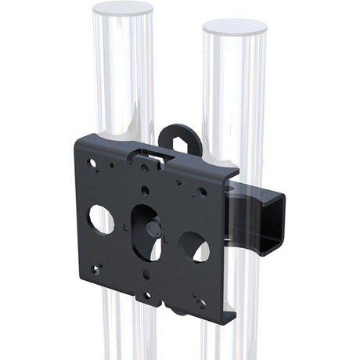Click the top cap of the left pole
[122, 9]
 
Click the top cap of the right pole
[234, 27]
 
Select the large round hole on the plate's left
[101, 218]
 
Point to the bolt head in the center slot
[152, 229]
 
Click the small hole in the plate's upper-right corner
[202, 191]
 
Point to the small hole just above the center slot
[146, 189]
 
